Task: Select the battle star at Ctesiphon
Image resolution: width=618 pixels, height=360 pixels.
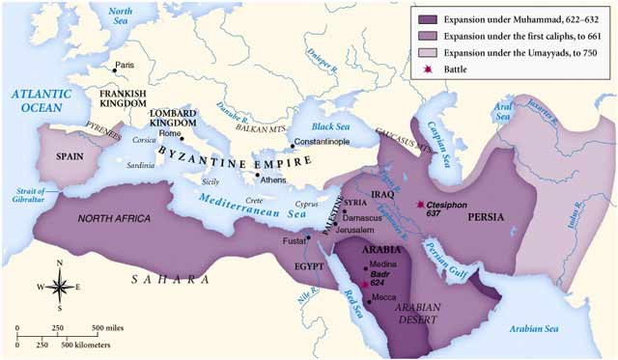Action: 420,206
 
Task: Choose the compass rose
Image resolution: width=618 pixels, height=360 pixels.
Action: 60,285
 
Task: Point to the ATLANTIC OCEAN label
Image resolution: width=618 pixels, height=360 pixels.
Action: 38,100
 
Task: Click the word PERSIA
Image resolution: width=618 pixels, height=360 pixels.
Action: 483,218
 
